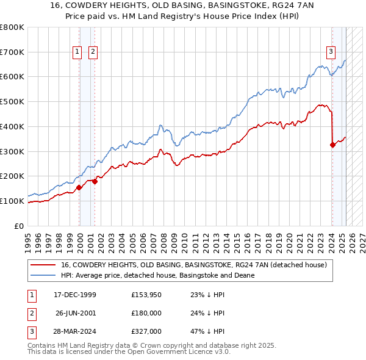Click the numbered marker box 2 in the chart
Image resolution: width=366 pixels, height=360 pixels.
93,52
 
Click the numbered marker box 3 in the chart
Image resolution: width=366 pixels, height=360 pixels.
331,52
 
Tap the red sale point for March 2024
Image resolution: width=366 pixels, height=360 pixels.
332,145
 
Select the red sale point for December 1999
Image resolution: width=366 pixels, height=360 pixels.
79,187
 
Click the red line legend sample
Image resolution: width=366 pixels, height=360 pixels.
43,265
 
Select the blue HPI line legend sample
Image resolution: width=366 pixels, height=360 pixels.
43,275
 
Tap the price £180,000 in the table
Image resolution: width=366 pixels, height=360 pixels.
146,313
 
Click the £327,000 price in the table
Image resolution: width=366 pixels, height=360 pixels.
146,331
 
